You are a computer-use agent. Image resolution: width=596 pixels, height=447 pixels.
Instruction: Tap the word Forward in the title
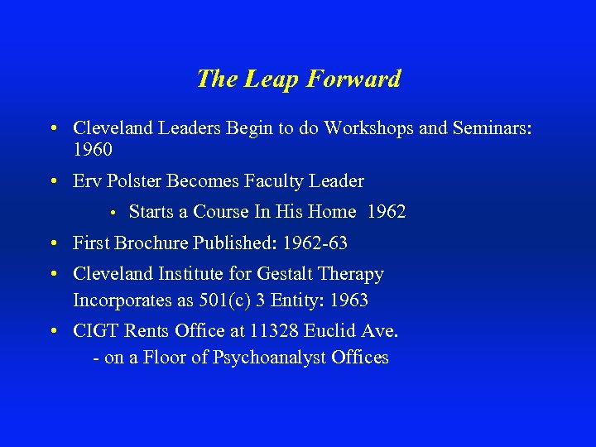(x=353, y=79)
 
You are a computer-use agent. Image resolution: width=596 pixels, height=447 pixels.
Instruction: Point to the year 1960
(x=93, y=151)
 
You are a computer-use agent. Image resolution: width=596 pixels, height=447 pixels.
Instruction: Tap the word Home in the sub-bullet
(x=332, y=212)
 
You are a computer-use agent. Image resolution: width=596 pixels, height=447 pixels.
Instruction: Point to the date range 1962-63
(x=315, y=243)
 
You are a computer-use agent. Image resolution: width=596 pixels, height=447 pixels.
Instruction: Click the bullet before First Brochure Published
(x=52, y=244)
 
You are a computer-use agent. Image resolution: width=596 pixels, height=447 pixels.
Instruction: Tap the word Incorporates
(x=120, y=300)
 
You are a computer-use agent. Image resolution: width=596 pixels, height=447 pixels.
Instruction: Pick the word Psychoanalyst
(x=274, y=358)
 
